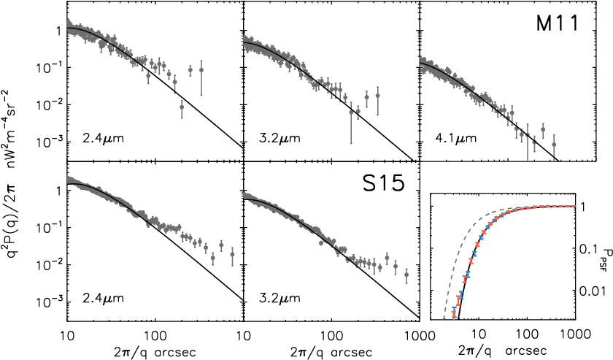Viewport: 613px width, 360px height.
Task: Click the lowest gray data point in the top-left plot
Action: coord(182,107)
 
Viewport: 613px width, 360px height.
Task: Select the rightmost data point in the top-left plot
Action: coord(201,70)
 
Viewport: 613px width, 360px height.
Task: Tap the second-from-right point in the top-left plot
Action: coord(190,70)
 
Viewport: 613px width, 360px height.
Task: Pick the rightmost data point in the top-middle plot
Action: coord(377,95)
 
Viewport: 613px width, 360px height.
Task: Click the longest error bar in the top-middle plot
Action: coord(351,122)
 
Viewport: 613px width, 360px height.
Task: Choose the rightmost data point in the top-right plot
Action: coord(554,145)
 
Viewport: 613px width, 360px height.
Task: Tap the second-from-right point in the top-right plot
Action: coord(543,129)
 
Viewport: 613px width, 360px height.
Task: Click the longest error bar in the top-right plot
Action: coord(528,142)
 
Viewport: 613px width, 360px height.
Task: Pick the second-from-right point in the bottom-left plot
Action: coord(221,245)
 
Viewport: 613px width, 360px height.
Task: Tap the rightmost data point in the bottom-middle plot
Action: coord(406,275)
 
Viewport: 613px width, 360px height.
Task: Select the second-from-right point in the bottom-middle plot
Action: coord(396,267)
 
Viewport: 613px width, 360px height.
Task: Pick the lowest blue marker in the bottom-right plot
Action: coord(453,309)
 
